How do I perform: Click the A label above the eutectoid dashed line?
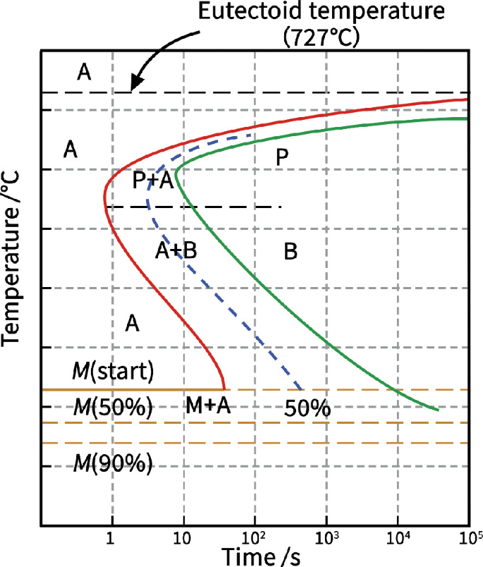[x=84, y=71]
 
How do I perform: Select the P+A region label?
[x=153, y=181]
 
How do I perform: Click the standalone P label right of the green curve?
[x=282, y=158]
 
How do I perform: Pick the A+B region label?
[x=175, y=250]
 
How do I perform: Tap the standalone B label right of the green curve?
[x=290, y=251]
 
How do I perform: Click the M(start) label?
[x=113, y=370]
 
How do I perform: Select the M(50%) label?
[x=113, y=408]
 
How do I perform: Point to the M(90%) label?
[x=113, y=463]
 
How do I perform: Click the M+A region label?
[x=209, y=405]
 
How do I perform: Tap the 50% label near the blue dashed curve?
[x=308, y=408]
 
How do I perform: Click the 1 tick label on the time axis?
[x=109, y=539]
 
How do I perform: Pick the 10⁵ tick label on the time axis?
[x=468, y=538]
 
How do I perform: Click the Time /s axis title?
[x=262, y=556]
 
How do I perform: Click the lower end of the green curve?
[x=439, y=410]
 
